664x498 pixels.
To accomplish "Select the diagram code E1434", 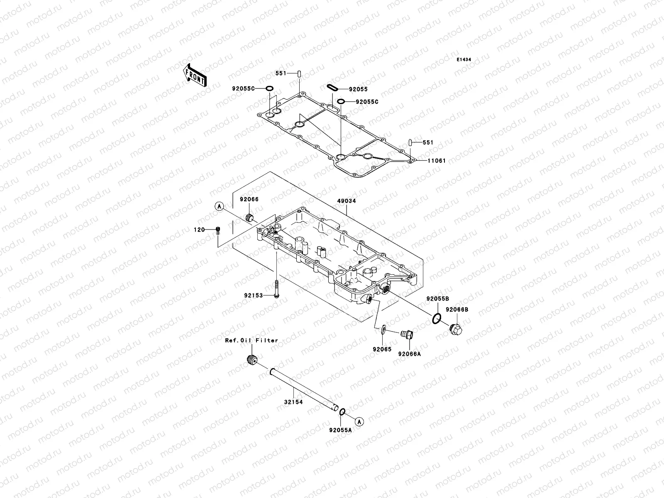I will tap(464, 60).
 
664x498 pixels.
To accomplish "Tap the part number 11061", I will tap(435, 161).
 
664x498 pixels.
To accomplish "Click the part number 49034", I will tap(346, 201).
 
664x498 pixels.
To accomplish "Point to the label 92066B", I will tap(457, 310).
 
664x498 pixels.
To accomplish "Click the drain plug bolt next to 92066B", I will tap(455, 330).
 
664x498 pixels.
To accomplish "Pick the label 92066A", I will tap(410, 354).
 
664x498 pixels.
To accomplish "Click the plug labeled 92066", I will tap(250, 217).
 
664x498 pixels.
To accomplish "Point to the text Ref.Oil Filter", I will tap(251, 340).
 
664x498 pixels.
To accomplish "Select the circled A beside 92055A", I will tap(360, 421).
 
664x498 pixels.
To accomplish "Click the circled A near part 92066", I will tap(220, 206).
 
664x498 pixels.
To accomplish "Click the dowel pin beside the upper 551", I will tap(310, 73).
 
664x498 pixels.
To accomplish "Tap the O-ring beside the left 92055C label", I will tap(269, 88).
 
